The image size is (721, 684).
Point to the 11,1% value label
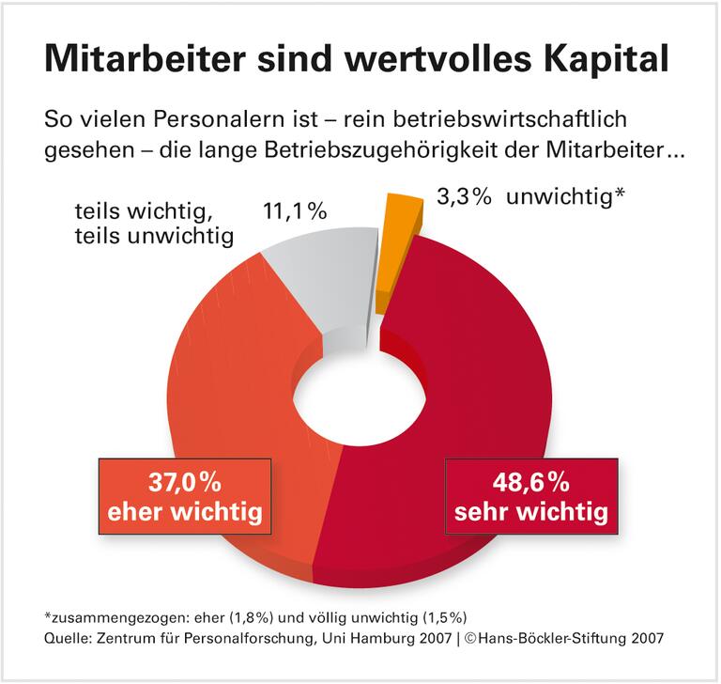(295, 211)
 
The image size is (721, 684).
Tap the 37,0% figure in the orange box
(184, 485)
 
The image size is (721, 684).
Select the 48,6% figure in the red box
(530, 485)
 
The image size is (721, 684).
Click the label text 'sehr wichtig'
(530, 514)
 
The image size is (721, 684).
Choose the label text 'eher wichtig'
(184, 514)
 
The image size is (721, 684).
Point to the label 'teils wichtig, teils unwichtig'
(154, 224)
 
